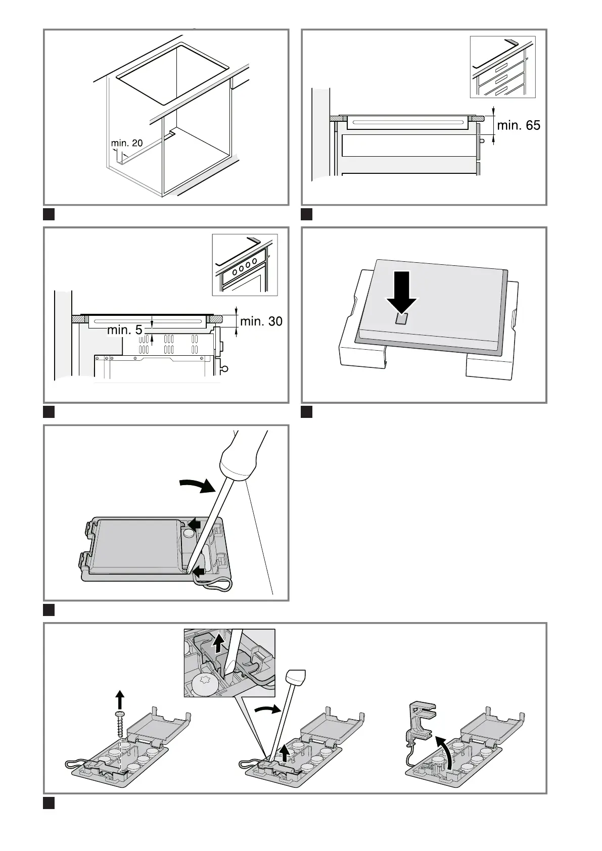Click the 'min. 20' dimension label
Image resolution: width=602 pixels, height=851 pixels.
click(x=126, y=143)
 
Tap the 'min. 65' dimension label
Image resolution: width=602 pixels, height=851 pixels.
click(x=519, y=125)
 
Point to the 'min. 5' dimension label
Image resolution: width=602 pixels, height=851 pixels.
click(x=125, y=330)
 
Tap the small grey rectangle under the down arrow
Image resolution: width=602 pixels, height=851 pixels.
click(x=402, y=318)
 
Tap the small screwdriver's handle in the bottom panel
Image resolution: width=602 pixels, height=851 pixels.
click(x=296, y=677)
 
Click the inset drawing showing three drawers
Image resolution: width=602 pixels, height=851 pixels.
click(x=502, y=67)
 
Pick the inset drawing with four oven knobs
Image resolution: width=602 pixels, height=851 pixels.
click(x=245, y=265)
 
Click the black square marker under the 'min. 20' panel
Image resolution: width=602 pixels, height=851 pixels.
click(x=49, y=214)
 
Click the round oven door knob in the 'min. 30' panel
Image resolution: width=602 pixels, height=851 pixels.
click(x=226, y=368)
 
